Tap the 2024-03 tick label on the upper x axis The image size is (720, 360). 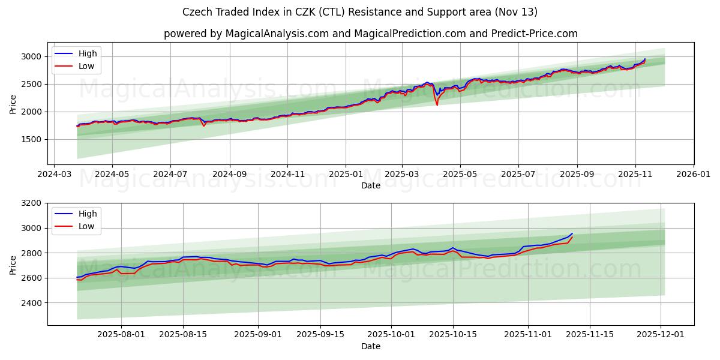pyautogui.click(x=55, y=175)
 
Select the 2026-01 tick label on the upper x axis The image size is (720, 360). pyautogui.click(x=693, y=175)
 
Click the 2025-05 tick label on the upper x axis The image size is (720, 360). pyautogui.click(x=460, y=175)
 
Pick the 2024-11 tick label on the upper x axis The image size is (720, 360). pyautogui.click(x=287, y=175)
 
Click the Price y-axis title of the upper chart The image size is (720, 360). pyautogui.click(x=13, y=103)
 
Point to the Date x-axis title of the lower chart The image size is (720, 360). pyautogui.click(x=371, y=346)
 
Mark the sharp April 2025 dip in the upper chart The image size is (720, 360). pyautogui.click(x=437, y=104)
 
